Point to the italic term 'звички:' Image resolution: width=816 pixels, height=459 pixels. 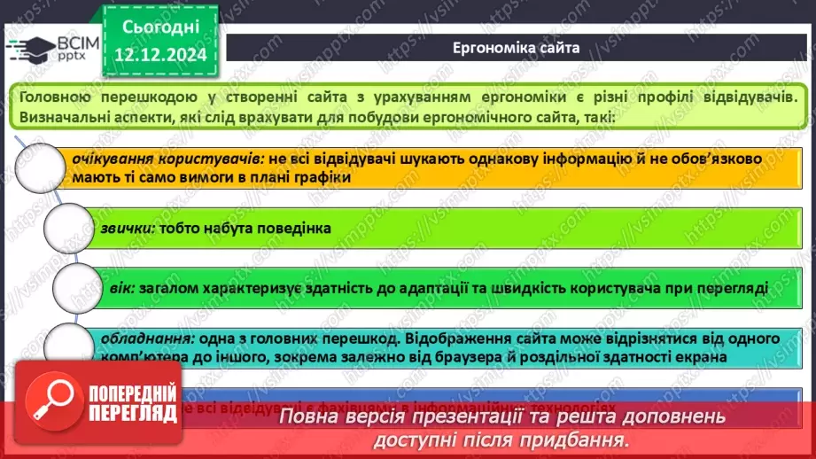click(128, 228)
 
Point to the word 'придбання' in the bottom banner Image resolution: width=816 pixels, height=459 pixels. click(580, 439)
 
